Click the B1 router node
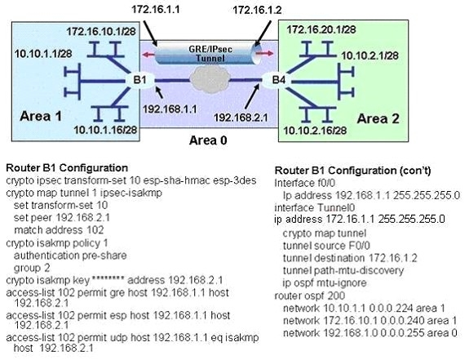tap(139, 80)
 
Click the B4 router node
tap(278, 80)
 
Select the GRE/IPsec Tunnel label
tap(210, 53)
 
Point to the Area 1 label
tap(41, 116)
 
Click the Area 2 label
tap(378, 119)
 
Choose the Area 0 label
tap(208, 140)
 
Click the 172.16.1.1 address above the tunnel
tap(156, 9)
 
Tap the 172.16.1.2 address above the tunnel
tap(257, 10)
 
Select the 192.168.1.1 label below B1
tap(170, 109)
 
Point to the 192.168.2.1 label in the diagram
tap(241, 118)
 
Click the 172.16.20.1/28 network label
tap(321, 29)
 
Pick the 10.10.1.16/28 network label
tap(105, 130)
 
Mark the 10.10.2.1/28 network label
tap(369, 56)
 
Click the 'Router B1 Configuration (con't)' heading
tap(353, 171)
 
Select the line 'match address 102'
tap(59, 230)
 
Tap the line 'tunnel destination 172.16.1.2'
tap(350, 258)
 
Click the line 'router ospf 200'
tap(310, 296)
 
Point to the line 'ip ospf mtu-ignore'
tap(325, 282)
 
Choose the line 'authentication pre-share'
tap(70, 256)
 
